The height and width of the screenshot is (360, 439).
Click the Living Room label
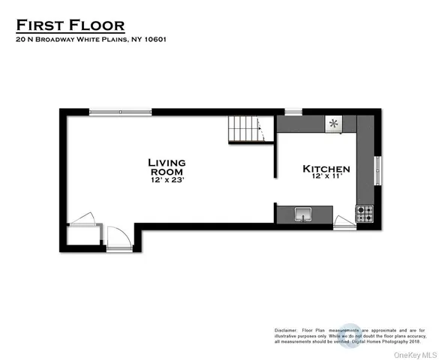pyautogui.click(x=167, y=166)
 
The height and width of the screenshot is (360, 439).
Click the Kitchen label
pyautogui.click(x=326, y=169)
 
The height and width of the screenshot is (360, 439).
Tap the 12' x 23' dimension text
pyautogui.click(x=167, y=181)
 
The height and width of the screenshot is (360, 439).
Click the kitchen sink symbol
pyautogui.click(x=304, y=214)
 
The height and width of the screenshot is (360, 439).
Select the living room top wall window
pyautogui.click(x=120, y=112)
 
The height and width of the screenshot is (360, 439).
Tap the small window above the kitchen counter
pyautogui.click(x=293, y=112)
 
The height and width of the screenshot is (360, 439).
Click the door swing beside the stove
pyautogui.click(x=344, y=220)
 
